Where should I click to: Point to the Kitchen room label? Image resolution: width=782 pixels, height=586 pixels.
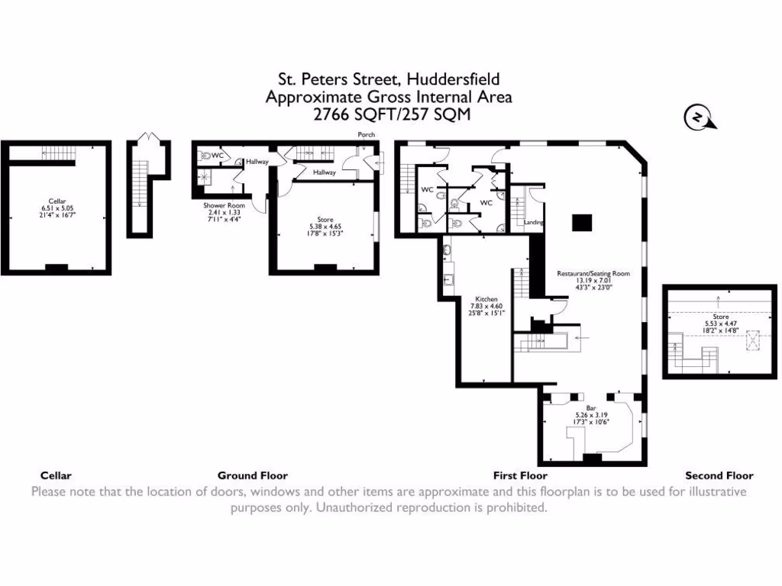[486, 299]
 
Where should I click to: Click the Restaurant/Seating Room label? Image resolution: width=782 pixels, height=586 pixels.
[593, 272]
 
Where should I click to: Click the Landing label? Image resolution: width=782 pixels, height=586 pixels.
[533, 223]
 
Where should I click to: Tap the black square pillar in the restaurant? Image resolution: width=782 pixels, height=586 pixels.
[583, 222]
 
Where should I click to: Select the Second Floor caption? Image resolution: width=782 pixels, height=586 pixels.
[719, 475]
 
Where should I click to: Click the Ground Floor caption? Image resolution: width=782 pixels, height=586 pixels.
[252, 475]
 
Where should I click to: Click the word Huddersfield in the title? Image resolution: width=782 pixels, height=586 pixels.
[453, 79]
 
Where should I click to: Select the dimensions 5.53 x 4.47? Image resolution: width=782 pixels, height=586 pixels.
[720, 323]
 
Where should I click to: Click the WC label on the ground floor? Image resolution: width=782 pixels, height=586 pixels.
[217, 156]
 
